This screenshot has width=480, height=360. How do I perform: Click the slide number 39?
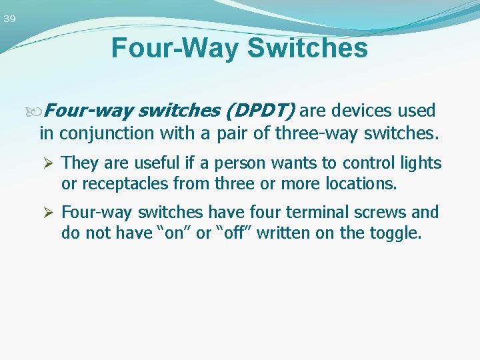point(9,19)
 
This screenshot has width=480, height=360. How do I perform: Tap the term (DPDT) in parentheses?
point(261,111)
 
